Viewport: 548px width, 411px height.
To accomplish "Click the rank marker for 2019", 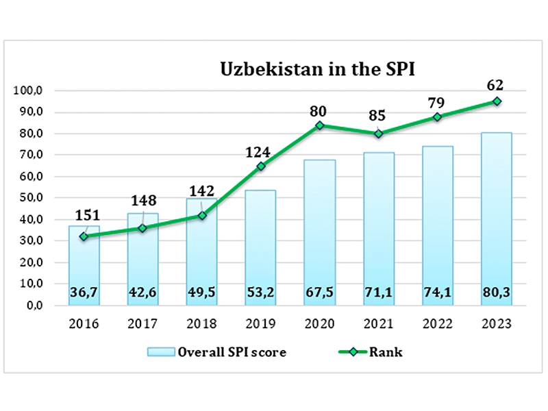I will pos(261,166).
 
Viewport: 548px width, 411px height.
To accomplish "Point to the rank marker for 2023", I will pos(496,101).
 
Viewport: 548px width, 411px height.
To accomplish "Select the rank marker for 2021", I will pos(379,134).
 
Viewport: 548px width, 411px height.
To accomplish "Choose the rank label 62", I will pos(495,85).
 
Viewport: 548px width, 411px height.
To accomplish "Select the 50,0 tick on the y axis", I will pos(32,198).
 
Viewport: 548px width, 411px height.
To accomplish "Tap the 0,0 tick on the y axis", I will pos(34,306).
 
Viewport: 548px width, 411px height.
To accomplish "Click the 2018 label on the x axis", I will pos(202,324).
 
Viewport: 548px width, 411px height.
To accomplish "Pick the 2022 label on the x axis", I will pos(437,324).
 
